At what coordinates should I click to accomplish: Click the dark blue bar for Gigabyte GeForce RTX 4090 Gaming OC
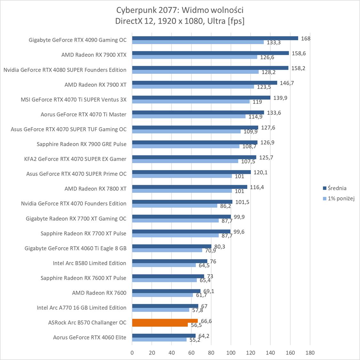(x=215, y=38)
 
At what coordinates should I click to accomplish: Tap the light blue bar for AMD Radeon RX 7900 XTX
(x=195, y=57)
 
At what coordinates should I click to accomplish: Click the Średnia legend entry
(x=334, y=188)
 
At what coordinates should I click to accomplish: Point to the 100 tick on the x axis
(x=231, y=353)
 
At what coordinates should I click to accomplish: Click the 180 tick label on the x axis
(x=310, y=353)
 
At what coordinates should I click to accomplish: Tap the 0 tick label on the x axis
(x=132, y=353)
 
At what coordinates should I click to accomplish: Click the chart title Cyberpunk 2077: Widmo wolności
(x=180, y=10)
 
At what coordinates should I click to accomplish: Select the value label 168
(x=306, y=38)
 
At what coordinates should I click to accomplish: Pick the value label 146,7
(x=287, y=83)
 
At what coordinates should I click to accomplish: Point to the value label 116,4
(x=257, y=187)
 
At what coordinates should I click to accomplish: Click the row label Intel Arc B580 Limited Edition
(x=90, y=263)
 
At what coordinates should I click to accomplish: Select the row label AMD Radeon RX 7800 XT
(x=95, y=189)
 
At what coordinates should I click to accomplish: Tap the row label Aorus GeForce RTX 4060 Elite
(x=90, y=337)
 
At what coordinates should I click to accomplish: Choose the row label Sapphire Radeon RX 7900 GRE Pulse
(x=82, y=144)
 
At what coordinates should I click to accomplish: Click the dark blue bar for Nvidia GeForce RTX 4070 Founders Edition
(x=182, y=202)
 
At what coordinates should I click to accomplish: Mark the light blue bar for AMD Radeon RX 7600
(x=163, y=295)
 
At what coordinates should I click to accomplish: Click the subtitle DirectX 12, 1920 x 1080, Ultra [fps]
(x=180, y=21)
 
